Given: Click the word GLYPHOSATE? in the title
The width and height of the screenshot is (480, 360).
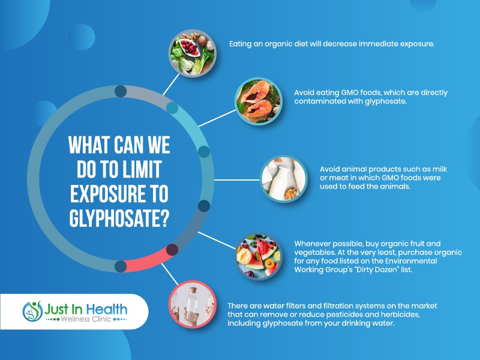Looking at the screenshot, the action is point(119,218).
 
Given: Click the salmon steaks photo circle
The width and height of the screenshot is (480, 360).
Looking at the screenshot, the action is point(259,101).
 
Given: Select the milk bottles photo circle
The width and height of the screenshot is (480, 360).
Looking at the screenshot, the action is point(284,179).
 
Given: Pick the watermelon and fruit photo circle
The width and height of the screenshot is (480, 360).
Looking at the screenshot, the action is point(259,256).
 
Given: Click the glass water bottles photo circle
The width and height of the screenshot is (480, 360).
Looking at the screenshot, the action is point(193,304).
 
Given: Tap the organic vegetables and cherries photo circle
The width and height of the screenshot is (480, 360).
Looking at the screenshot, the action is point(193,53).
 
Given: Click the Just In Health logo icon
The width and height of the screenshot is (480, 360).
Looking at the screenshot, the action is point(32,311).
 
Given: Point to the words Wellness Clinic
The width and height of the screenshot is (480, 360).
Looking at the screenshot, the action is point(86,319).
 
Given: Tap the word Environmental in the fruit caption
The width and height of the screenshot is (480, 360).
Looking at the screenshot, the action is point(411,261).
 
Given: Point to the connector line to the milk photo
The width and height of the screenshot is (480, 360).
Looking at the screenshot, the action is point(236,180).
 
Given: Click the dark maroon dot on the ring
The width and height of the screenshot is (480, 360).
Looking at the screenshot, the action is point(172,250).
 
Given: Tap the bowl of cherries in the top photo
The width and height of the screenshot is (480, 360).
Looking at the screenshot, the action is point(190,47).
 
